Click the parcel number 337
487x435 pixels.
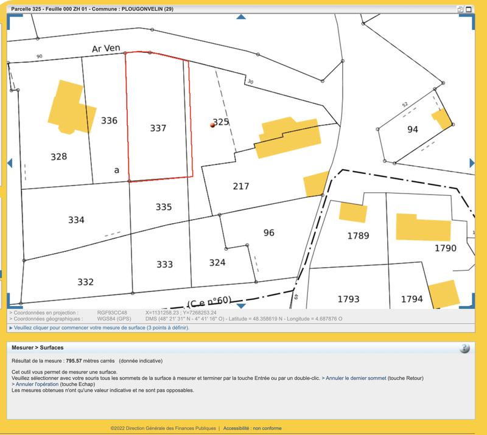tap(158, 128)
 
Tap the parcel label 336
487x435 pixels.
tap(109, 120)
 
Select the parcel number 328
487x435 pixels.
tap(58, 157)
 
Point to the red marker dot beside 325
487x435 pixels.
tap(212, 125)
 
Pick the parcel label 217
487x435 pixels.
tap(241, 186)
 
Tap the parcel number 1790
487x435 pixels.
tap(445, 248)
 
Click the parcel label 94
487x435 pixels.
tap(413, 130)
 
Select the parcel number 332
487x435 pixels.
tap(86, 282)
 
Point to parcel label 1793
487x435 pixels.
tap(348, 299)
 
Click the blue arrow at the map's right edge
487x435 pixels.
tap(472, 163)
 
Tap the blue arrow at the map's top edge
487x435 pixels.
tap(241, 17)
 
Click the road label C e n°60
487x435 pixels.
tap(210, 302)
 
